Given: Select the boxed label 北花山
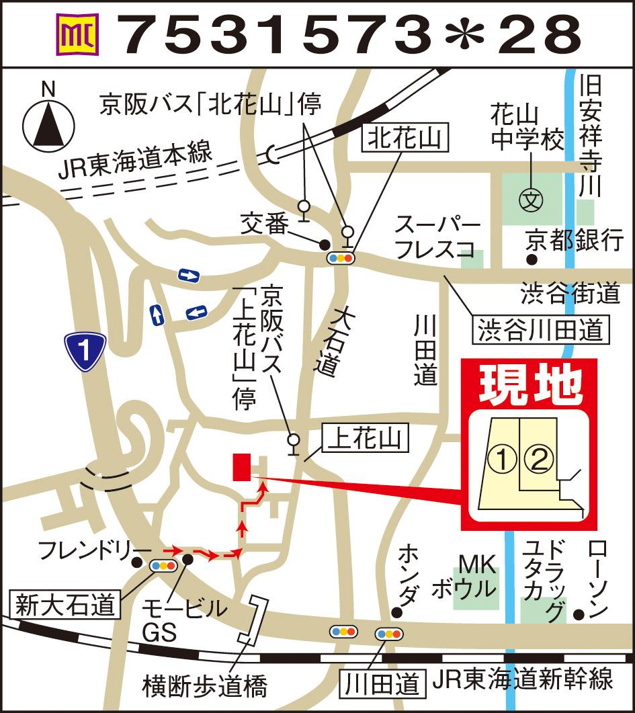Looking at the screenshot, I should click(x=405, y=139).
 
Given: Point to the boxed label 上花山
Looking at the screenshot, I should click(x=364, y=439).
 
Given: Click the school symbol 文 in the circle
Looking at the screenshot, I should click(x=531, y=200).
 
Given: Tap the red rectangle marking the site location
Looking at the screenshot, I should click(x=241, y=467).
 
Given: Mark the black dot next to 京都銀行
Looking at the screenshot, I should click(x=532, y=259).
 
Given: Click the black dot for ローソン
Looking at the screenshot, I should click(x=579, y=614).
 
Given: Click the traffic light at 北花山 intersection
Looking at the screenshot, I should click(x=339, y=257).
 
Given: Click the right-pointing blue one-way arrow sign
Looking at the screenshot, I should click(x=189, y=275).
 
